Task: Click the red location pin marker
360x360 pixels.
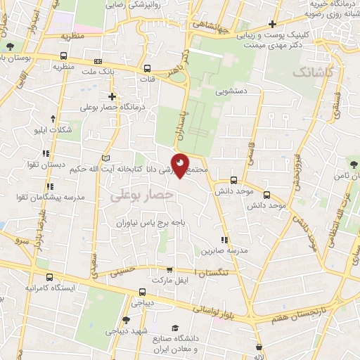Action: pyautogui.click(x=181, y=166)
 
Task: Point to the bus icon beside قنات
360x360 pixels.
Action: pyautogui.click(x=148, y=68)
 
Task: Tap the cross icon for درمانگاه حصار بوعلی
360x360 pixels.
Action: pyautogui.click(x=112, y=96)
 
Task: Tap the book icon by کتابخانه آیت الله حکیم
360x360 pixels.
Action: pyautogui.click(x=107, y=157)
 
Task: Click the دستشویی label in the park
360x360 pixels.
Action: pyautogui.click(x=231, y=91)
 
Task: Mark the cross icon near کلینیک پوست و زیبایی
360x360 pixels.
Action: pyautogui.click(x=272, y=25)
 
